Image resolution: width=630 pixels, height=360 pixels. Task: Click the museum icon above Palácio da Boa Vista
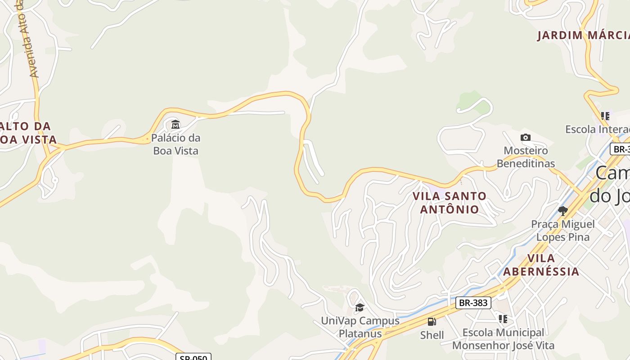pos(175,124)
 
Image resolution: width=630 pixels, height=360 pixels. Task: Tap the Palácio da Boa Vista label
pos(175,144)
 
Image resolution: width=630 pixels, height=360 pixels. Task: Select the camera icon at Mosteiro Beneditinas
pos(525,137)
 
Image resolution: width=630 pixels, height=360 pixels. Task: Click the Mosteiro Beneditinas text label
pos(526,157)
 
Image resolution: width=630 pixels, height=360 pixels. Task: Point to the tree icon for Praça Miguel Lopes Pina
pos(562,211)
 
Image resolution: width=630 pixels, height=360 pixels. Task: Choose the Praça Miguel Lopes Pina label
pos(562,230)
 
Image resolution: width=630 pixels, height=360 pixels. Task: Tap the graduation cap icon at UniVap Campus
pos(360,307)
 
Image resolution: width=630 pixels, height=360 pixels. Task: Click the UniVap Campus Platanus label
pos(360,327)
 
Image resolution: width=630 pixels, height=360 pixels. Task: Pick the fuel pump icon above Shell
pos(432,322)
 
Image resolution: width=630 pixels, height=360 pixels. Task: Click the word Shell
pos(432,335)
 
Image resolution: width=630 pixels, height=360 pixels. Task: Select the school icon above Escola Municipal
pos(503,319)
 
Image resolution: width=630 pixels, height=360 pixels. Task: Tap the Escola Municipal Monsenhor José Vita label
pos(503,339)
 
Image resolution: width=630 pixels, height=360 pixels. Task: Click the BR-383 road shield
pos(473,303)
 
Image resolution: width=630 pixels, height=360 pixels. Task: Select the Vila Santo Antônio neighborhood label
pos(450,202)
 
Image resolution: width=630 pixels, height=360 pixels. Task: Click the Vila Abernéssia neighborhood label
pos(541,265)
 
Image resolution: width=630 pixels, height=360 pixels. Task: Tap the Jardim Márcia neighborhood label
pos(583,36)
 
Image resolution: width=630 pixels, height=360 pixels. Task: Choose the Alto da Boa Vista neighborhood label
pos(27,133)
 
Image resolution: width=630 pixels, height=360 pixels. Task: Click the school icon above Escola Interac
pos(605,116)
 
